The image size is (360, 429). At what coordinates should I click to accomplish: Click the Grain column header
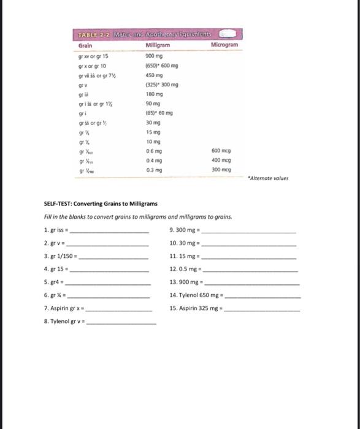(x=85, y=46)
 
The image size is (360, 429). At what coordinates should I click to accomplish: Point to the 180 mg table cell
(x=153, y=94)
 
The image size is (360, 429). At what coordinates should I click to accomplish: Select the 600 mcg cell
(x=220, y=151)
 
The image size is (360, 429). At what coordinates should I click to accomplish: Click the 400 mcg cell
(x=220, y=160)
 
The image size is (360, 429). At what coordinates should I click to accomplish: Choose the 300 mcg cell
(x=220, y=169)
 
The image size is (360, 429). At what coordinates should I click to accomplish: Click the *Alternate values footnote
(x=267, y=179)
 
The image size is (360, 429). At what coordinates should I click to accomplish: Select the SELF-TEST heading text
(x=101, y=204)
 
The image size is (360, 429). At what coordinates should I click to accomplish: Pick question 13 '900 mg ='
(x=187, y=283)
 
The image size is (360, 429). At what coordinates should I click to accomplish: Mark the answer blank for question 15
(x=263, y=310)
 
